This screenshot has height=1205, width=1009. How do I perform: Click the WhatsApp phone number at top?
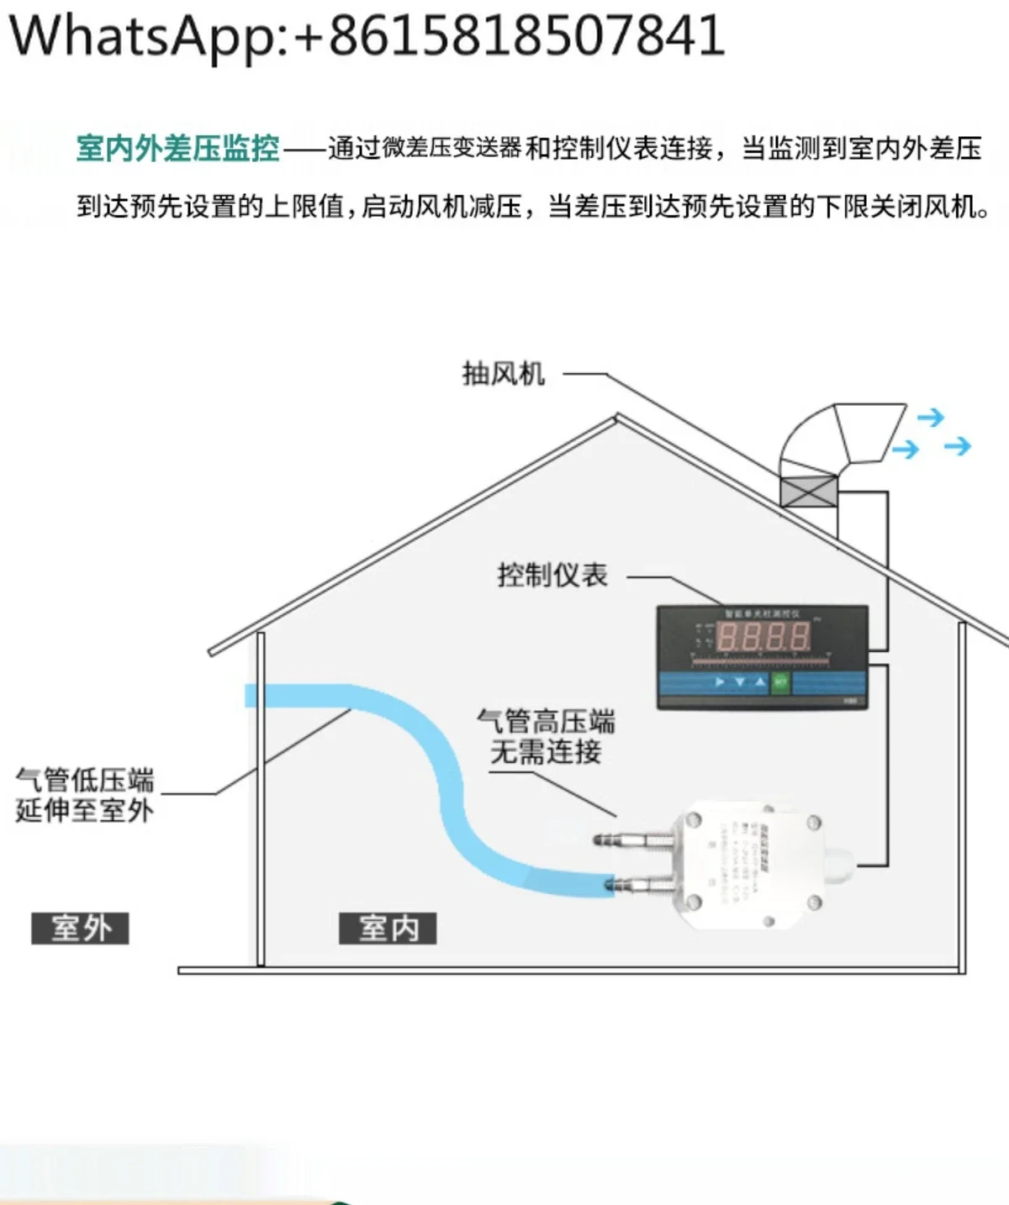click(x=366, y=35)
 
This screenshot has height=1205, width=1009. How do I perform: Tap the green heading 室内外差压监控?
click(x=177, y=149)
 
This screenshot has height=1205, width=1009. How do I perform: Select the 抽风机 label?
click(x=503, y=374)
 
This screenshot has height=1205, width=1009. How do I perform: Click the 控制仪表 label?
click(x=552, y=576)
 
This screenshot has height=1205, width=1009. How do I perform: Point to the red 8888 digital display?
click(x=763, y=637)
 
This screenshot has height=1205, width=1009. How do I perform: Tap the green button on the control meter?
click(x=780, y=681)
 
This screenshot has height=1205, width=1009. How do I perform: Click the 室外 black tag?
click(x=80, y=929)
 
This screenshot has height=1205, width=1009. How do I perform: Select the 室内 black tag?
click(x=388, y=929)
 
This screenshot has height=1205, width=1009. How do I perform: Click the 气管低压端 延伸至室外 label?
click(x=84, y=794)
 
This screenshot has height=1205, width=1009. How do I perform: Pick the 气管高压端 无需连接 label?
click(x=546, y=736)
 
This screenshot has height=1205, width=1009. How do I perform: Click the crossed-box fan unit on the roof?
click(x=808, y=490)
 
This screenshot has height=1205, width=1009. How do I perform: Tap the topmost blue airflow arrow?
click(x=930, y=418)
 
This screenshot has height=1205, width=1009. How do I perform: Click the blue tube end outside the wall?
click(x=251, y=696)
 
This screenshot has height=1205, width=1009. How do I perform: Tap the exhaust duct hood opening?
click(x=871, y=432)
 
